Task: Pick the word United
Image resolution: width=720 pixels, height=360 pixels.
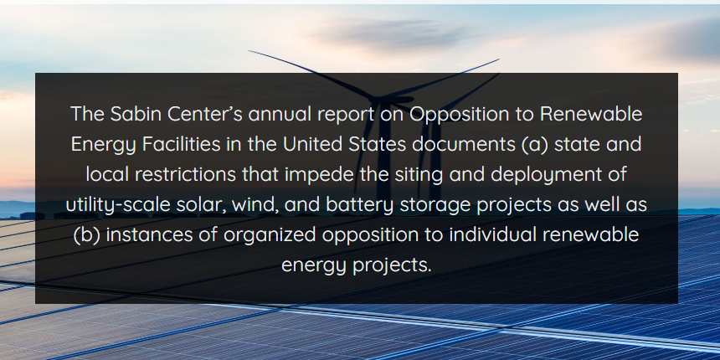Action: [316, 143]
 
